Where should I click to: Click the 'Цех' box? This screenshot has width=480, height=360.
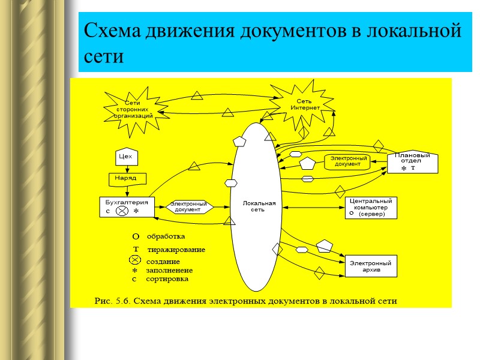(x=126, y=157)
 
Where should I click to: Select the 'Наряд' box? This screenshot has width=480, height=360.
(x=126, y=178)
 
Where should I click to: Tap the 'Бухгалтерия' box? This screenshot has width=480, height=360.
(x=126, y=206)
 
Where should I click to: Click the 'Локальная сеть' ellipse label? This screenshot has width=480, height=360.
(x=259, y=206)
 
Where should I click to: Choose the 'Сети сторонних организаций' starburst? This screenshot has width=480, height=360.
(x=133, y=110)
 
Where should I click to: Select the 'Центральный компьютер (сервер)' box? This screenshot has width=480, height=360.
(x=371, y=208)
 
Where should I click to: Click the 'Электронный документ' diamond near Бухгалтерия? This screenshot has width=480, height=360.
(x=188, y=206)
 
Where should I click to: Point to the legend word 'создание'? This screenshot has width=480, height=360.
(x=163, y=262)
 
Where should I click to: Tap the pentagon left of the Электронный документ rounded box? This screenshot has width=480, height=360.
(x=307, y=163)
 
